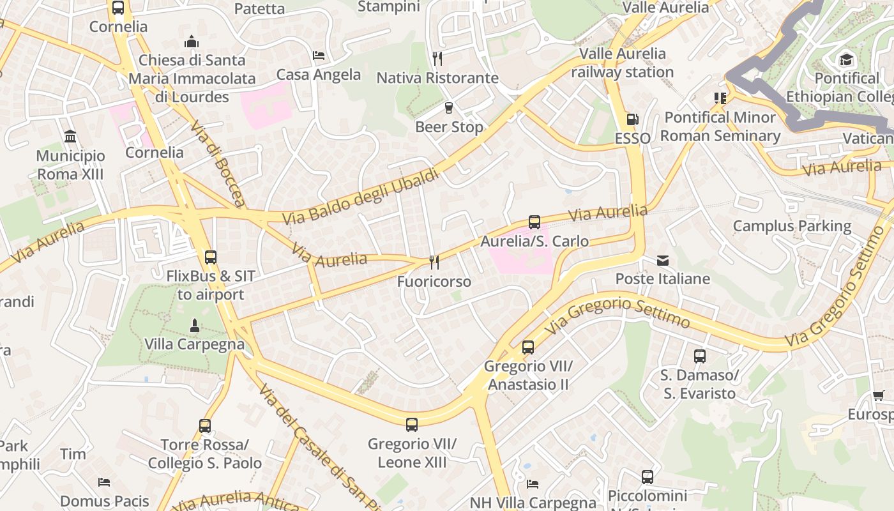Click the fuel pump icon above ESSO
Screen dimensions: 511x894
(632, 119)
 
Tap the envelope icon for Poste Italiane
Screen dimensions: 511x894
(663, 260)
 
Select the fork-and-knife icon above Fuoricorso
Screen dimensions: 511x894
(434, 262)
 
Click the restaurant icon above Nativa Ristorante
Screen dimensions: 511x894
(437, 59)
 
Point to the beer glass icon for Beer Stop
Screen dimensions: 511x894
(449, 108)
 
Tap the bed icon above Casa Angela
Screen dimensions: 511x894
(319, 56)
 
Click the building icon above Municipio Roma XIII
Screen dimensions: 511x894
(70, 137)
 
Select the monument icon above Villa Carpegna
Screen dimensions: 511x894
(195, 326)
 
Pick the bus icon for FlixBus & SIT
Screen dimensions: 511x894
(210, 257)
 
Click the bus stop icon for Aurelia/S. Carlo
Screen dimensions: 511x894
(534, 222)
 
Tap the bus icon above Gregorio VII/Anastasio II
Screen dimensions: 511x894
(527, 347)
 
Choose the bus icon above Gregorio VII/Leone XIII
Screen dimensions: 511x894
(412, 424)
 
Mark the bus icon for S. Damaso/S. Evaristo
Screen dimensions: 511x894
(699, 356)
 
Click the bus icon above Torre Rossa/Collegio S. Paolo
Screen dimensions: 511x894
(204, 425)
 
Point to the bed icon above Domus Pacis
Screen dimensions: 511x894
(104, 482)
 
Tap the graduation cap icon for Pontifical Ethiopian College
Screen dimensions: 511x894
(846, 60)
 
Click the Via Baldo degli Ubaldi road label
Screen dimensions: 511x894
(361, 196)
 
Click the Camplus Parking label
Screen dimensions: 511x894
(792, 226)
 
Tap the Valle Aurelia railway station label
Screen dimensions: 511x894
(622, 63)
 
